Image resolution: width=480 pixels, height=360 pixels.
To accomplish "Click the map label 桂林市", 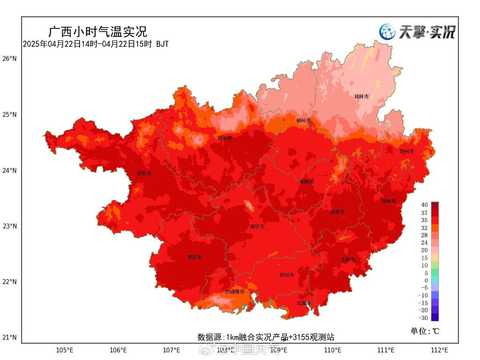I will click(361, 96).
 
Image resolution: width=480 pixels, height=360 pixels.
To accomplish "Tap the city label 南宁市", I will click(257, 227).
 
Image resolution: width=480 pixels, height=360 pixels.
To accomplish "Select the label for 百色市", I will click(144, 174).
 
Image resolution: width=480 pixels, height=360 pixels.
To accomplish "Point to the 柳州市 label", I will click(304, 120).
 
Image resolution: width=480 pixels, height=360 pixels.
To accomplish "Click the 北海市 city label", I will click(304, 303).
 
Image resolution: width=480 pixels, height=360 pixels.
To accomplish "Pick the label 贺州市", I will click(407, 151).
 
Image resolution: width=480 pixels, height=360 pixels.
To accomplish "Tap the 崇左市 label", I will click(194, 257).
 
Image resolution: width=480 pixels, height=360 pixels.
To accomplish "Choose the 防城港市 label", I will click(235, 292).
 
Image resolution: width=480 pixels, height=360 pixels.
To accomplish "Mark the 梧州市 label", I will click(389, 201).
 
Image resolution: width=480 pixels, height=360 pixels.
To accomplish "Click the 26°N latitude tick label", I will click(10, 59).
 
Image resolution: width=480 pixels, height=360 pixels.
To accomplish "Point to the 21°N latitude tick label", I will click(10, 338).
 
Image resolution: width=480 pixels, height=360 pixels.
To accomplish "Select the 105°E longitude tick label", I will click(65, 350).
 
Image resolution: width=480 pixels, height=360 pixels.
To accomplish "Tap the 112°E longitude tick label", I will click(439, 350).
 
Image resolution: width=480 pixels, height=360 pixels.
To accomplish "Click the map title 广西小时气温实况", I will click(98, 31).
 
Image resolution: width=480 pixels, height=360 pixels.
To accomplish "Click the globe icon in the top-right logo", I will click(387, 32).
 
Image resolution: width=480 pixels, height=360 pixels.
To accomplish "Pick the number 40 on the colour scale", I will click(424, 205).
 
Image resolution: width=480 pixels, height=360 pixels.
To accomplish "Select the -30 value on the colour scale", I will click(423, 318).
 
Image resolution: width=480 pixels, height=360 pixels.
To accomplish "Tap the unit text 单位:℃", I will click(425, 331).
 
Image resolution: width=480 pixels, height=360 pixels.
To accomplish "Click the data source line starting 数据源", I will click(266, 337).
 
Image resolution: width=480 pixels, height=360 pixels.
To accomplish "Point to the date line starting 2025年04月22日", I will click(96, 44).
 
